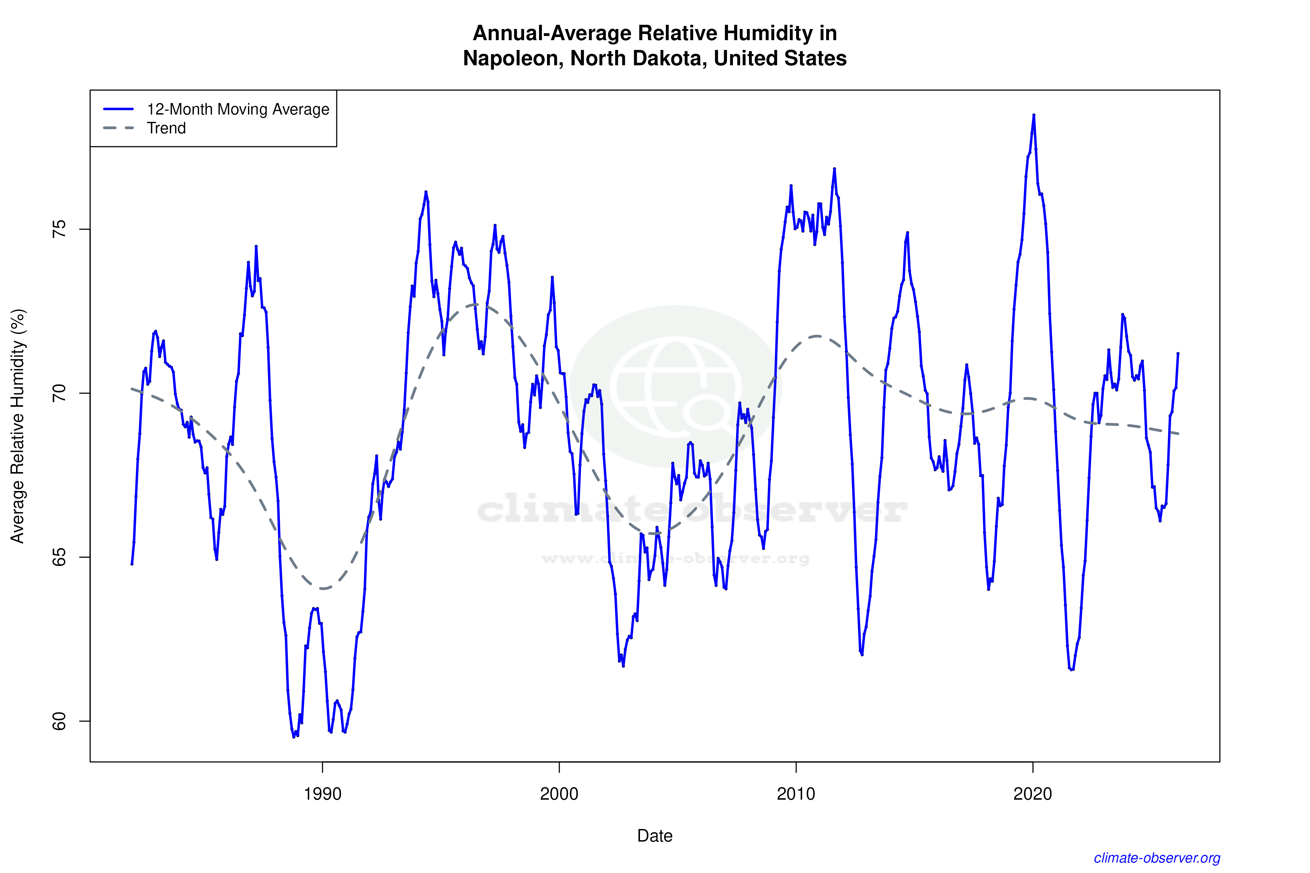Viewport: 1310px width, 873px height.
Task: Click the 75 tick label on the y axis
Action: coord(58,229)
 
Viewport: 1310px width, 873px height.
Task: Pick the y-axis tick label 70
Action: coord(58,393)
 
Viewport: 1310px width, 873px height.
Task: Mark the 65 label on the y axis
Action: coord(58,557)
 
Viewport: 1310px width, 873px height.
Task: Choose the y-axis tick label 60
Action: coord(58,721)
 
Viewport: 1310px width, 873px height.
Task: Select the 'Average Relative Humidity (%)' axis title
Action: coord(18,426)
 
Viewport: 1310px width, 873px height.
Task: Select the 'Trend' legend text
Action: coord(166,128)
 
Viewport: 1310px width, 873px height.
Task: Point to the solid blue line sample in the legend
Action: coord(119,109)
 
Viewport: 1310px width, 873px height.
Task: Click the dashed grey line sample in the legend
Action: coord(119,128)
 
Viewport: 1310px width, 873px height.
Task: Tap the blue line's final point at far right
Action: coord(1178,353)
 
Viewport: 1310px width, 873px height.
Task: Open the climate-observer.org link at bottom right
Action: coord(1157,858)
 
